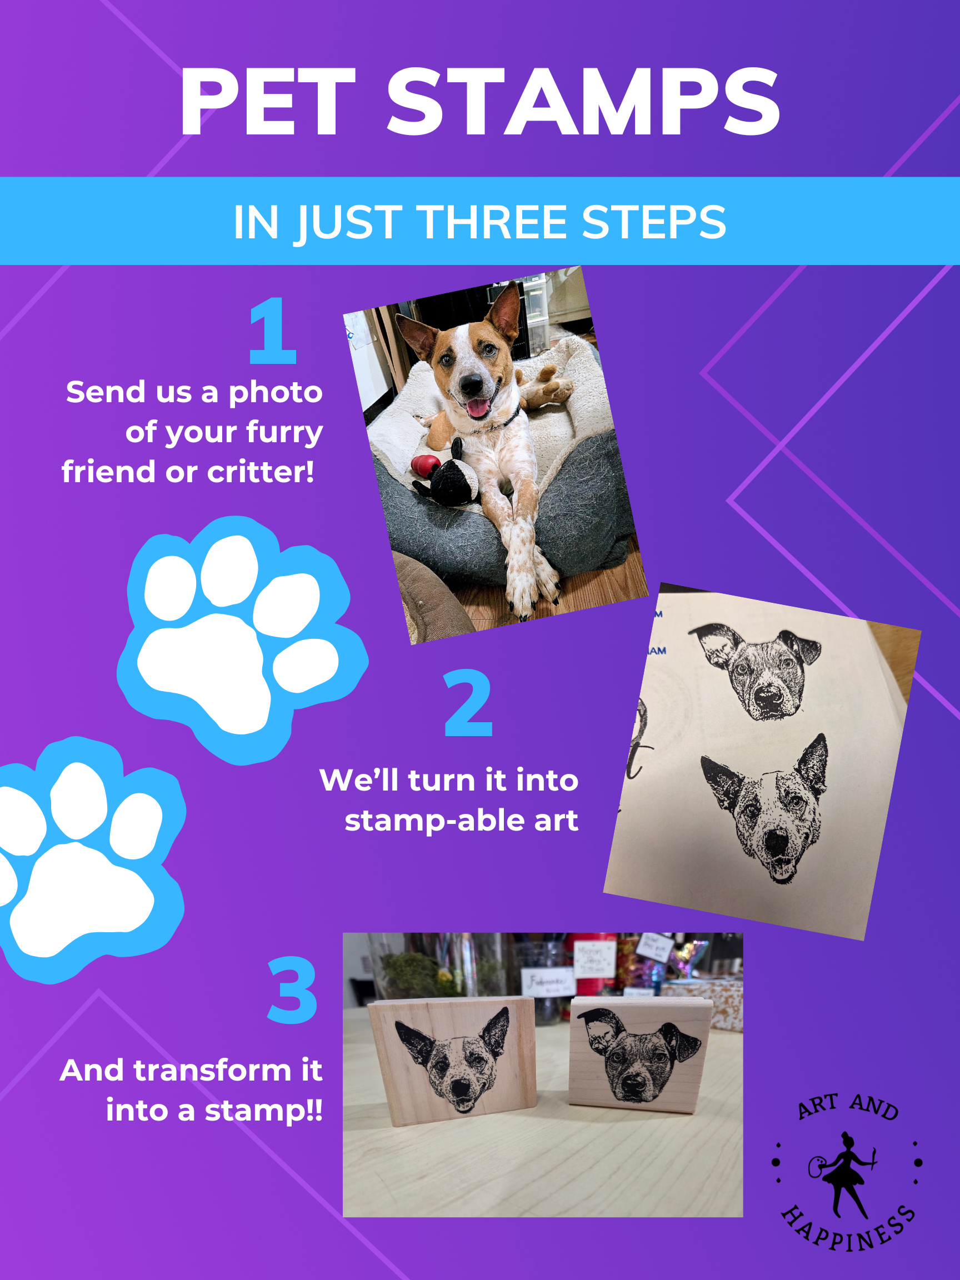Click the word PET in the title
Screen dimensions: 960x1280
coord(267,101)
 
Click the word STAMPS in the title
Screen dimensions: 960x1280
coord(584,101)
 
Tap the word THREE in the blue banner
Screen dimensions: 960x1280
coord(491,222)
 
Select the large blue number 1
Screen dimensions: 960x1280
coord(273,331)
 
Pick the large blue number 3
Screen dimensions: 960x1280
coord(292,989)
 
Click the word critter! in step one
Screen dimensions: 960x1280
coord(261,472)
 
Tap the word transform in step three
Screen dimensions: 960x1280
coord(213,1070)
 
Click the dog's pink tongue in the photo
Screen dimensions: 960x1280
coord(478,408)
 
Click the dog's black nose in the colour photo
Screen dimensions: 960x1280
coord(472,384)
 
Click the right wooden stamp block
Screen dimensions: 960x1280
coord(641,1054)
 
